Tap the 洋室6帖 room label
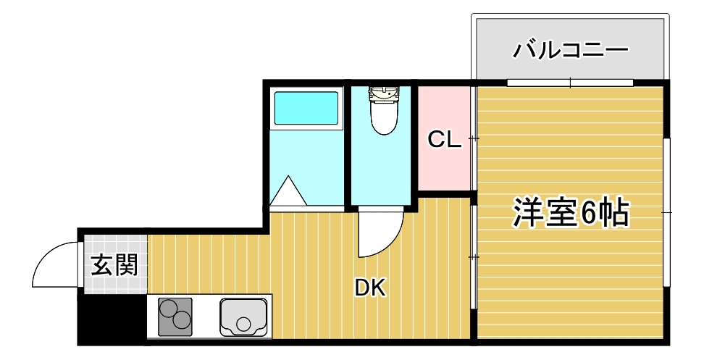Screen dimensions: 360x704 point(571,212)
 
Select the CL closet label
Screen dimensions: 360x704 point(444,140)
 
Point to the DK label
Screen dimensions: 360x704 point(370,288)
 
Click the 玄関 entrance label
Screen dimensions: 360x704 point(114,265)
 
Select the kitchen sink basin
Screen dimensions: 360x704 point(244,317)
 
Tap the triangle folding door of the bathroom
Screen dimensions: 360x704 point(288,192)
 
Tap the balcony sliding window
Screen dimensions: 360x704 point(569,83)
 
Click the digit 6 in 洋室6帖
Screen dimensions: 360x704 point(588,213)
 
